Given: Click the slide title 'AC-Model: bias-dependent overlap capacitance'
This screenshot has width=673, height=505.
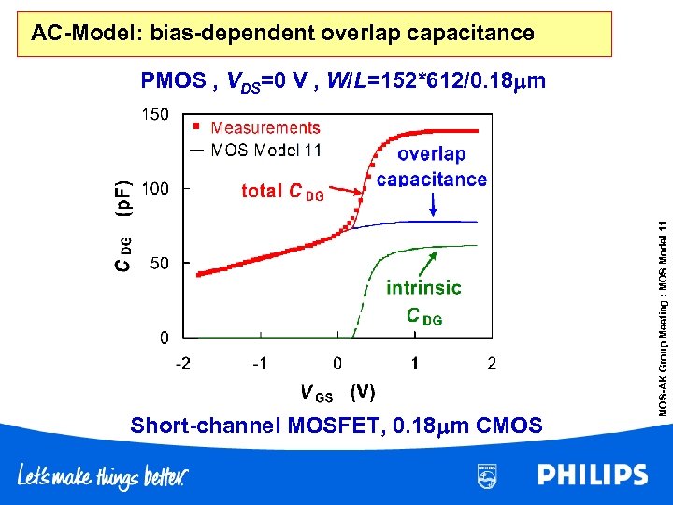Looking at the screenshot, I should pos(282,35).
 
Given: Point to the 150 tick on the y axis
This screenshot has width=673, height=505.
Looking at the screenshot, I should pos(155,114).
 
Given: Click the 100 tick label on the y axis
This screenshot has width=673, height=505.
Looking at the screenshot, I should pos(155,188).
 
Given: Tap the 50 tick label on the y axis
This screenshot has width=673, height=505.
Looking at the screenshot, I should pos(159,263).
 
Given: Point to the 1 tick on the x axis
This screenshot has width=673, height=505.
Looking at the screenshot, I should pos(415,363).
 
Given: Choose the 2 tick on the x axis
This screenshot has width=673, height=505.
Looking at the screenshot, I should pos(493,363).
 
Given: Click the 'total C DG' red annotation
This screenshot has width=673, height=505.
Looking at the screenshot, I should pos(283,192).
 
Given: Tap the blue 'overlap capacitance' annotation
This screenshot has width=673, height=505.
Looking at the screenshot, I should pos(431,166).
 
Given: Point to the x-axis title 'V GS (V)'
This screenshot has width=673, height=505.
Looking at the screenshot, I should pos(337,393).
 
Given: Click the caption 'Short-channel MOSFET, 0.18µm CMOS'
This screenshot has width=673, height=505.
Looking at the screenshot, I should pos(336,426).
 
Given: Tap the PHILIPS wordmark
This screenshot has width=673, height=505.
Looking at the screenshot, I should pos(593,476).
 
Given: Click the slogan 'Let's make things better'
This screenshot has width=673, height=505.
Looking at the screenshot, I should pos(103,478).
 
